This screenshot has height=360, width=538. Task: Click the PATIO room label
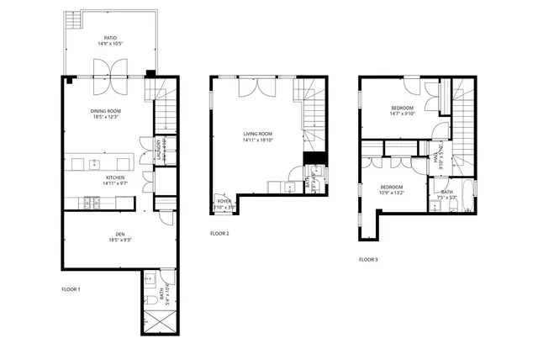pos(110,38)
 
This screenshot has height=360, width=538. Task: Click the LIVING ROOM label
pos(259,134)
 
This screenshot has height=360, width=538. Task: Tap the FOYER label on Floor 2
pos(224,202)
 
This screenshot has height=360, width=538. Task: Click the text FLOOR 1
pos(71,289)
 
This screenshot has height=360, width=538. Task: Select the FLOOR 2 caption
pos(219,233)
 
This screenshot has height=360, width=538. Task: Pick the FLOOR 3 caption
pos(368,260)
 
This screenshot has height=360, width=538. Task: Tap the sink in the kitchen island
pos(95,161)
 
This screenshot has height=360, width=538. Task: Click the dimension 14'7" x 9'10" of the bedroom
pos(402,114)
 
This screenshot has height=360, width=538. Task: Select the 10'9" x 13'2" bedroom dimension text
pos(392,193)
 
